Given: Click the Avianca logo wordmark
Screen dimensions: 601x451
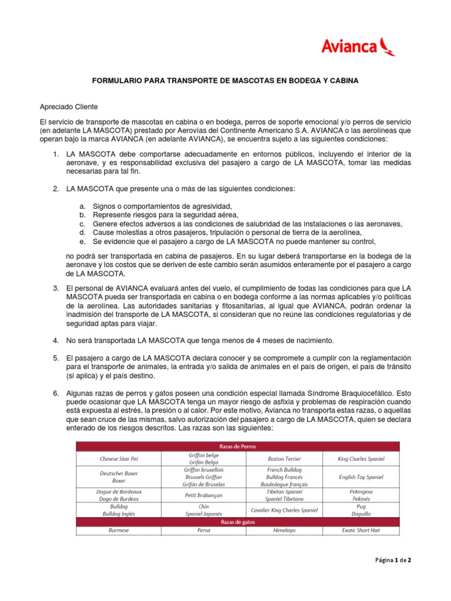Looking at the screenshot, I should (349, 46).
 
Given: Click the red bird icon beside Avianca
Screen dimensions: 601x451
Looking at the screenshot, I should (387, 46).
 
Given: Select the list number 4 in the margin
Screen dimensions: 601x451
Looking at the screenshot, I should (56, 340).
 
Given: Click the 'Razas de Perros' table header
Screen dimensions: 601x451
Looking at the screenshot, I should (237, 446).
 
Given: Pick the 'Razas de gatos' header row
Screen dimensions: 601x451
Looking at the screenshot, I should (237, 521).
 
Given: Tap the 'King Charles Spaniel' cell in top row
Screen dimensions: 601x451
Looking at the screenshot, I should (361, 458).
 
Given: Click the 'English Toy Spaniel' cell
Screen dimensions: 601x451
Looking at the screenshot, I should (361, 477).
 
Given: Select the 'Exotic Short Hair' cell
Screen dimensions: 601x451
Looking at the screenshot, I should (361, 531).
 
